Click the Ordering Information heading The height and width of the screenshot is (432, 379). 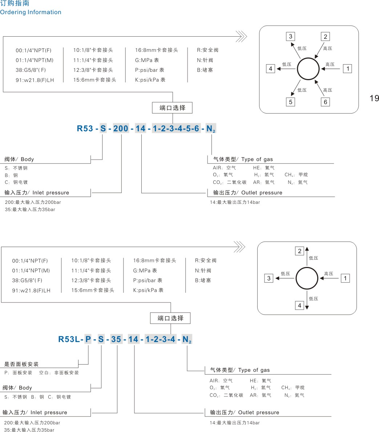[31, 12]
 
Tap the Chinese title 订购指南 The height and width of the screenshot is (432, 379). [15, 4]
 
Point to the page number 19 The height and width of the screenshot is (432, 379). [374, 98]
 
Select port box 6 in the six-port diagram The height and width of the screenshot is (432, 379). [325, 102]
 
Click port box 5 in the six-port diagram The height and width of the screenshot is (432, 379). [290, 102]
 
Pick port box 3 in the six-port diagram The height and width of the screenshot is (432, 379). [290, 36]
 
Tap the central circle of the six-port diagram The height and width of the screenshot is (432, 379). [308, 69]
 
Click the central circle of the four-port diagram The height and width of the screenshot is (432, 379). [307, 279]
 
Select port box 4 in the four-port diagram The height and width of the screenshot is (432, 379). [299, 305]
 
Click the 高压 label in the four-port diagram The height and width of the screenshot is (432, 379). [328, 274]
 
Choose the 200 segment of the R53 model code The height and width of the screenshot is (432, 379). [121, 128]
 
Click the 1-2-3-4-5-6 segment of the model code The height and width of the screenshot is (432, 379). [176, 128]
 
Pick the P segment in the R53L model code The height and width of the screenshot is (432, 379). [88, 340]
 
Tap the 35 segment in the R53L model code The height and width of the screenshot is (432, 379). [116, 340]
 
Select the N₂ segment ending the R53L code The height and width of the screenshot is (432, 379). [187, 340]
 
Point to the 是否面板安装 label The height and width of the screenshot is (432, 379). [21, 364]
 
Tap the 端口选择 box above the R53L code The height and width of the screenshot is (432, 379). [170, 318]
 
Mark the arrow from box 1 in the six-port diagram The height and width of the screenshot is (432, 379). [331, 69]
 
